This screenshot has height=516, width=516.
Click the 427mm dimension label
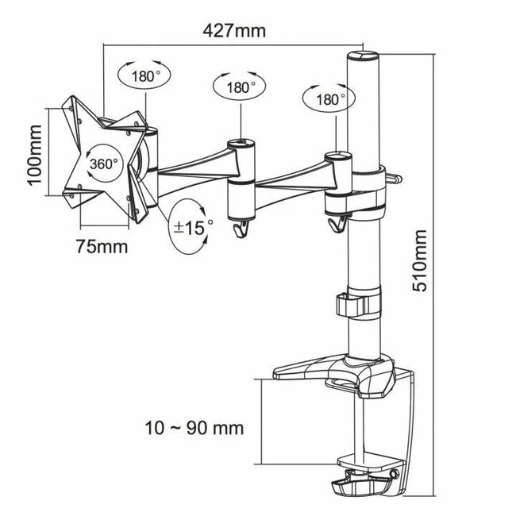pos(234,32)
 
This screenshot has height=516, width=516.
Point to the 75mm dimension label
pos(101,245)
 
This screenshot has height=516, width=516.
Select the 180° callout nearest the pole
pos(324,100)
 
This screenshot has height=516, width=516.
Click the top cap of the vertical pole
pos(362,56)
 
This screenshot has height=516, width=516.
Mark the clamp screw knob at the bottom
pos(366,487)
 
